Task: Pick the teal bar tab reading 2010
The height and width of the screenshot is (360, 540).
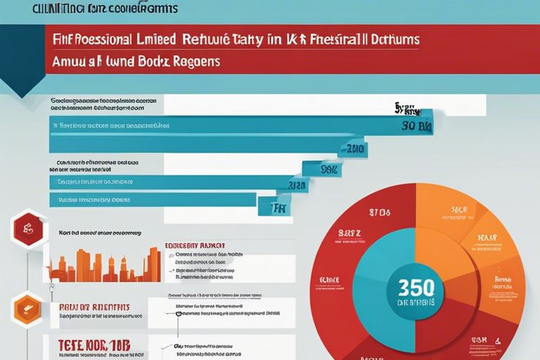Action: (x=352, y=148)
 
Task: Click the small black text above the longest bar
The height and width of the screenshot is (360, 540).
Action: (x=102, y=105)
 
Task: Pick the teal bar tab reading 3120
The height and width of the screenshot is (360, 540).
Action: (x=291, y=186)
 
